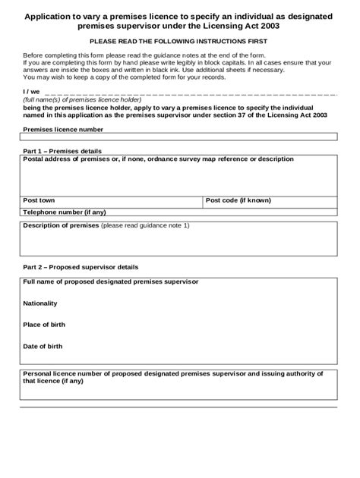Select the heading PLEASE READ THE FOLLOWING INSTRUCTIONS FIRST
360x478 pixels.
point(179,43)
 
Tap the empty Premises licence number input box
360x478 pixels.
point(179,137)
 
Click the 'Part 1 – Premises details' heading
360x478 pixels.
point(62,151)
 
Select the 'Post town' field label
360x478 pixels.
point(39,200)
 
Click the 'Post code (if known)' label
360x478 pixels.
point(238,200)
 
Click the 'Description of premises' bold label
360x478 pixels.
point(61,226)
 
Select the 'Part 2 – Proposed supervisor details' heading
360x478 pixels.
point(81,267)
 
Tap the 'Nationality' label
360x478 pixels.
point(41,303)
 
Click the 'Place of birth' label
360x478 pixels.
point(44,324)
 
